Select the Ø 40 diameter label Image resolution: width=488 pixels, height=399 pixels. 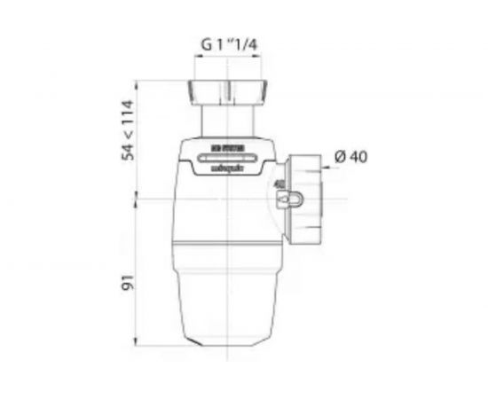pyautogui.click(x=353, y=157)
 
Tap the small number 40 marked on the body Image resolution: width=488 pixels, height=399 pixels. pyautogui.click(x=279, y=184)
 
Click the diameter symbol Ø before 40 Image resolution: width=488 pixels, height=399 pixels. pyautogui.click(x=340, y=157)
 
